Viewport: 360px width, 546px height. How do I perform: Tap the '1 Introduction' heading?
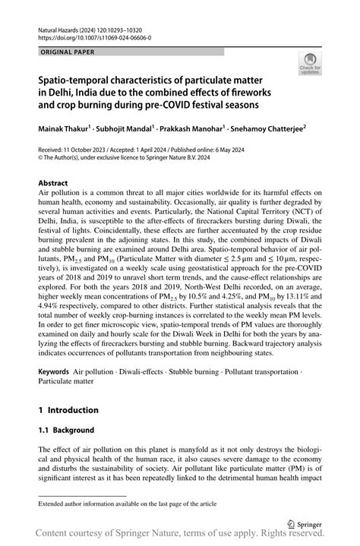(68, 409)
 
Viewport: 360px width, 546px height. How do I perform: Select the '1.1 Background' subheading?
(66, 430)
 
